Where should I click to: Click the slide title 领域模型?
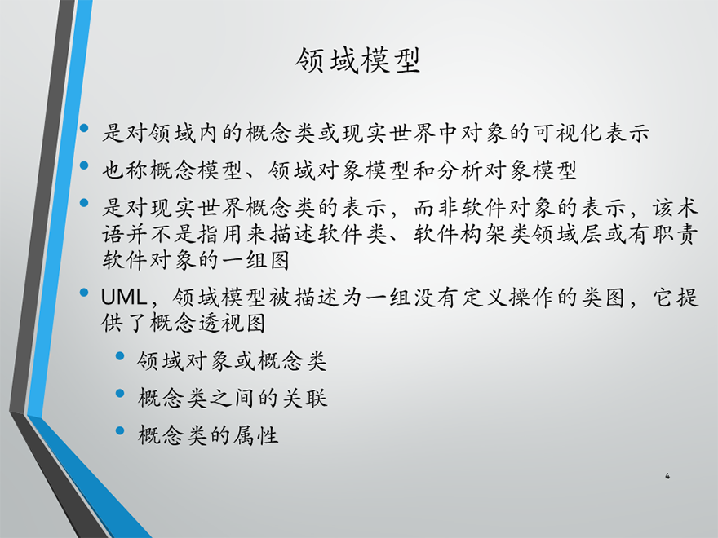coord(357,60)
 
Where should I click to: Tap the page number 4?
coord(667,476)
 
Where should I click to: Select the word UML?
coord(123,298)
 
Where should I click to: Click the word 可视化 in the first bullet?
coord(568,133)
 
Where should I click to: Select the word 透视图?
coord(232,323)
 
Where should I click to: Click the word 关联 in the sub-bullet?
coord(304,398)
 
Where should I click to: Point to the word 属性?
coord(255,434)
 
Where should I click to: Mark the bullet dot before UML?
coord(84,293)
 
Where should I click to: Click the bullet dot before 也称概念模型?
coord(84,165)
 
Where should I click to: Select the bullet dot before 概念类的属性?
coord(121,430)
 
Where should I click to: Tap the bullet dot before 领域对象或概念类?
coord(121,355)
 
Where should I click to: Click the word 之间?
coord(232,398)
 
